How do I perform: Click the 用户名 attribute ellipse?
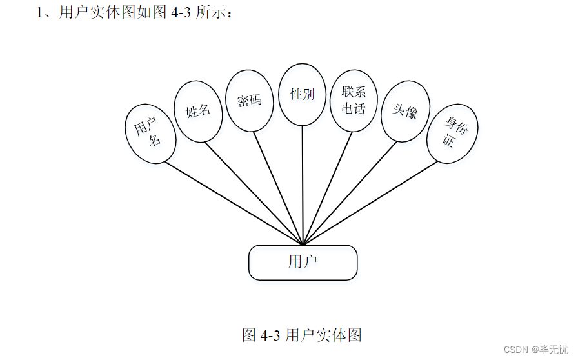(x=150, y=134)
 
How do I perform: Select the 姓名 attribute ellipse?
(x=199, y=111)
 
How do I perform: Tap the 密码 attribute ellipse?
(x=249, y=101)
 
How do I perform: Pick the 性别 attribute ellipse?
(x=302, y=94)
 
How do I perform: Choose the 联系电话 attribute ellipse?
(x=354, y=100)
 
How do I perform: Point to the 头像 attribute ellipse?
(x=406, y=111)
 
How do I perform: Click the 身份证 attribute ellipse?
(x=452, y=133)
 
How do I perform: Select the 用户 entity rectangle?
(x=303, y=263)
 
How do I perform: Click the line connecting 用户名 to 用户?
(x=234, y=203)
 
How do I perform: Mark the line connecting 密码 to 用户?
(x=279, y=189)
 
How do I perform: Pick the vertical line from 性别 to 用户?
(x=303, y=187)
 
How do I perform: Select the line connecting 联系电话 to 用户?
(x=326, y=189)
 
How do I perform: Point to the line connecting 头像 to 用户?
(x=349, y=194)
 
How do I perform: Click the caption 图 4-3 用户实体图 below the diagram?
(x=302, y=335)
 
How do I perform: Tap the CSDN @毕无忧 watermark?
(x=535, y=349)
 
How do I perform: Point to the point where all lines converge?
(x=303, y=245)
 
